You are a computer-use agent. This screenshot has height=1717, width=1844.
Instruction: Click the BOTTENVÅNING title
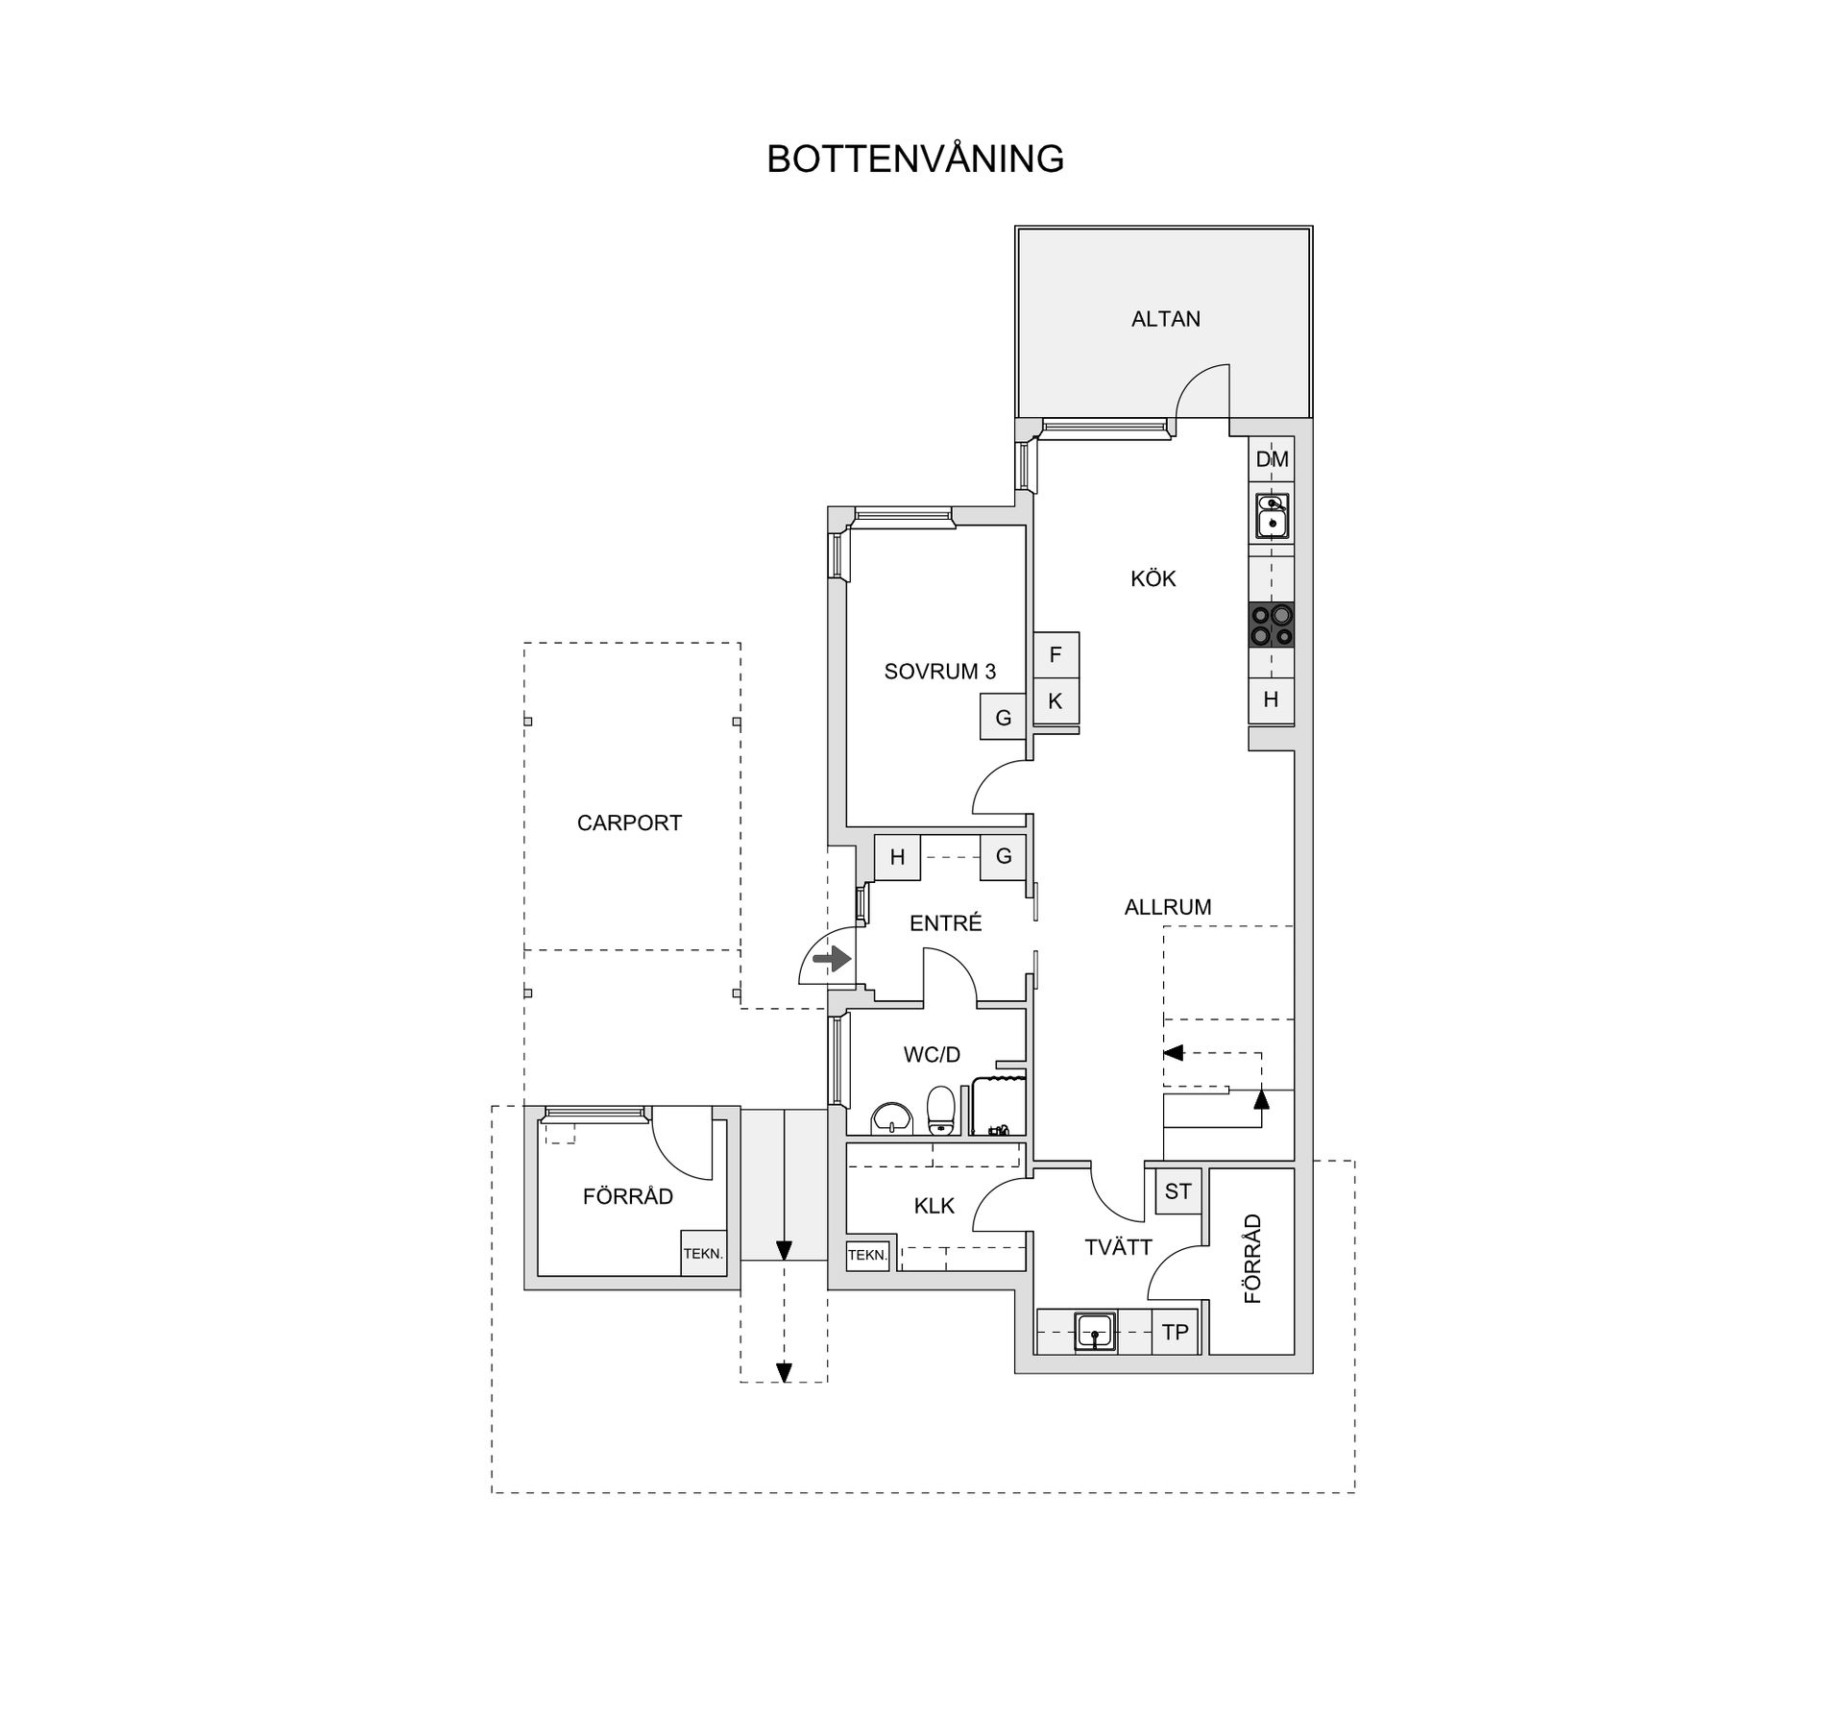pyautogui.click(x=914, y=159)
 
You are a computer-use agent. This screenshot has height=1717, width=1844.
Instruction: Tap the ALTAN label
pyautogui.click(x=1165, y=319)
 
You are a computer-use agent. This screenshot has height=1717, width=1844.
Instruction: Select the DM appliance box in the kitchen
pyautogui.click(x=1272, y=459)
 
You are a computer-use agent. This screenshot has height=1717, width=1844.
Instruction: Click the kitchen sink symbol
pyautogui.click(x=1272, y=516)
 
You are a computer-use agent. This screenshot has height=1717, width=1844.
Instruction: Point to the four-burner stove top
pyautogui.click(x=1272, y=625)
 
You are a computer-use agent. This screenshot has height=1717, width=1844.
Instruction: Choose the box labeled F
pyautogui.click(x=1055, y=655)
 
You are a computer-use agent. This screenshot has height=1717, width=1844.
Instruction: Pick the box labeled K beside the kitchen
pyautogui.click(x=1055, y=701)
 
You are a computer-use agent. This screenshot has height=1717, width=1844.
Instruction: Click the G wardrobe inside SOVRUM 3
pyautogui.click(x=1003, y=718)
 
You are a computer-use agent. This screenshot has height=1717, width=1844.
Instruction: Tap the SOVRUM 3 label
pyautogui.click(x=939, y=672)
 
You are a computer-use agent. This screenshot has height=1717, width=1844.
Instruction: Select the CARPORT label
pyautogui.click(x=629, y=823)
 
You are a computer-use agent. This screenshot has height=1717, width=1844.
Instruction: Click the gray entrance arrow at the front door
pyautogui.click(x=832, y=959)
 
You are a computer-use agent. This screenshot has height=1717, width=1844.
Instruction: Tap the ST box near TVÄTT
pyautogui.click(x=1177, y=1191)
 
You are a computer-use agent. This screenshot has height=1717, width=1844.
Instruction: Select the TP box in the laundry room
pyautogui.click(x=1175, y=1333)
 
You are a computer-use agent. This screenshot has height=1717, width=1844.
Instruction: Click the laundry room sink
pyautogui.click(x=1095, y=1332)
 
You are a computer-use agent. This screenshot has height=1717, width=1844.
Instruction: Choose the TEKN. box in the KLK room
pyautogui.click(x=867, y=1255)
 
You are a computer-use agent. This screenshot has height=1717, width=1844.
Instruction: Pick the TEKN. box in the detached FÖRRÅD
pyautogui.click(x=703, y=1254)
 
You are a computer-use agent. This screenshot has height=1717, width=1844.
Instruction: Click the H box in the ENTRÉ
pyautogui.click(x=897, y=857)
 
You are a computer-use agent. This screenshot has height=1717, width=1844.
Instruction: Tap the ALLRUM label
pyautogui.click(x=1168, y=907)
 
